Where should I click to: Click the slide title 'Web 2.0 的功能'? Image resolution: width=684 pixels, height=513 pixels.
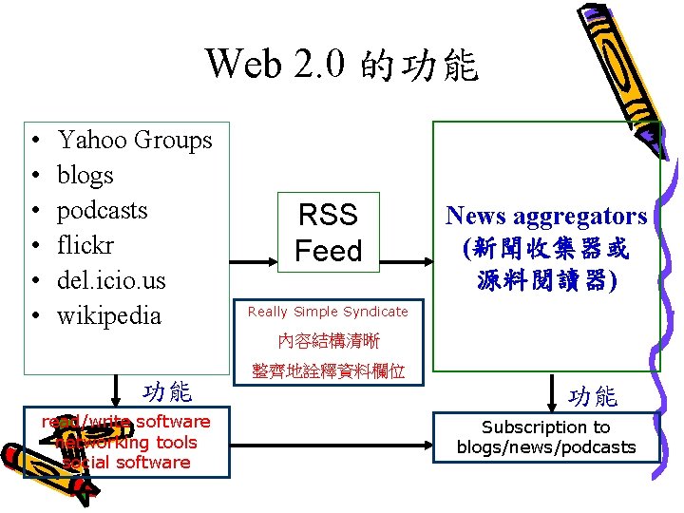pyautogui.click(x=342, y=65)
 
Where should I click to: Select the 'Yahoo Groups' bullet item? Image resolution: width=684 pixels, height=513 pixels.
pyautogui.click(x=134, y=140)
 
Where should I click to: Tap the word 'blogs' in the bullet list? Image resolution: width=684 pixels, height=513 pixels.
pyautogui.click(x=85, y=175)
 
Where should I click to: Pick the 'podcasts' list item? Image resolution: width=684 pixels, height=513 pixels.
pyautogui.click(x=102, y=210)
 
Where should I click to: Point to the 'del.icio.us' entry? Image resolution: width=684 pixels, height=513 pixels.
pyautogui.click(x=110, y=280)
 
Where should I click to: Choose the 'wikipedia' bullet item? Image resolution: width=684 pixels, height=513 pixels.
pyautogui.click(x=108, y=315)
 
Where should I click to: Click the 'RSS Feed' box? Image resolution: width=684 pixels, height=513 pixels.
pyautogui.click(x=328, y=233)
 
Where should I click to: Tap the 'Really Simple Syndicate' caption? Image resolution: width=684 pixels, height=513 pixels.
pyautogui.click(x=328, y=312)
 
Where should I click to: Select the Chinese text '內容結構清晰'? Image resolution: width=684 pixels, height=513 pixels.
pyautogui.click(x=328, y=341)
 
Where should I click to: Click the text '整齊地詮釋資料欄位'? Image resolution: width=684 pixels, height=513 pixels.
pyautogui.click(x=328, y=371)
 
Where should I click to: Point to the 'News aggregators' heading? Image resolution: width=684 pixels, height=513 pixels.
pyautogui.click(x=546, y=217)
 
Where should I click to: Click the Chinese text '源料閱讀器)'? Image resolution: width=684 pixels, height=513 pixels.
pyautogui.click(x=546, y=282)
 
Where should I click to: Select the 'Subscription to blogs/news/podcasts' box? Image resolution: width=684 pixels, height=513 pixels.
pyautogui.click(x=546, y=438)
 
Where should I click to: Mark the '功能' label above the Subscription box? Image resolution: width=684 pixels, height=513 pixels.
pyautogui.click(x=593, y=396)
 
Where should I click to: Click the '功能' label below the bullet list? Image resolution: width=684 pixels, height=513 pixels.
pyautogui.click(x=166, y=390)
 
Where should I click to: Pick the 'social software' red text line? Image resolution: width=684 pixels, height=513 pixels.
pyautogui.click(x=125, y=463)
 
